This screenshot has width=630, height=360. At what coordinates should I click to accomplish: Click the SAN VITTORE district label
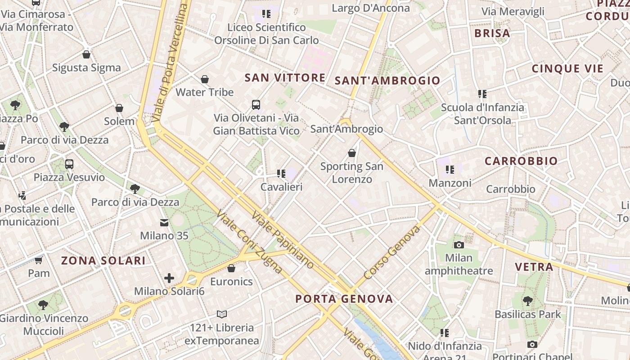click(285, 78)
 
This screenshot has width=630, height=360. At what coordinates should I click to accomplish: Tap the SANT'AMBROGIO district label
click(387, 81)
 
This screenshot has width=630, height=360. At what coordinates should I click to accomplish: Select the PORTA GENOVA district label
click(344, 299)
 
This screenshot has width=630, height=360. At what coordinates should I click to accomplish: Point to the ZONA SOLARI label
click(103, 261)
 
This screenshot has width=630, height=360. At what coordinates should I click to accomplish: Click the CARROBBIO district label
click(521, 161)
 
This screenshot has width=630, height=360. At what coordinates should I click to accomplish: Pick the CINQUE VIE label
click(567, 69)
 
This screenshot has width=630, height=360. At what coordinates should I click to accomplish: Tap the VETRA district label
click(534, 267)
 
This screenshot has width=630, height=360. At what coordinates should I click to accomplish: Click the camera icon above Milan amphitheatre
click(459, 245)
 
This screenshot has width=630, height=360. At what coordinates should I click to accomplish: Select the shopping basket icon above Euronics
click(231, 269)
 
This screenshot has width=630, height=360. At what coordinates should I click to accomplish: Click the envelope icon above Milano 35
click(164, 223)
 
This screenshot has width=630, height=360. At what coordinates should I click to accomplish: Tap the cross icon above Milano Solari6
click(169, 278)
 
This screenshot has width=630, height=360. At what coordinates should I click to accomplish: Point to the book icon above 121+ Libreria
click(222, 314)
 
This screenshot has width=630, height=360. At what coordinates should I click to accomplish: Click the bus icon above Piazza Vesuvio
click(69, 164)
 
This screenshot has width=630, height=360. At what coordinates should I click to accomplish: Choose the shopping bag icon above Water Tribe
click(205, 80)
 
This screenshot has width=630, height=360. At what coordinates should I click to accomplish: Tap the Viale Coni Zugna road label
click(249, 242)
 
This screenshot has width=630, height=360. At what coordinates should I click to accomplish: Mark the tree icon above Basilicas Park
click(528, 301)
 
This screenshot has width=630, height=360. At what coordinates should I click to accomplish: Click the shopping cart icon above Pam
click(39, 261)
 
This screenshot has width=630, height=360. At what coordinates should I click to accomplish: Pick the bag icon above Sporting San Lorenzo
click(352, 153)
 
